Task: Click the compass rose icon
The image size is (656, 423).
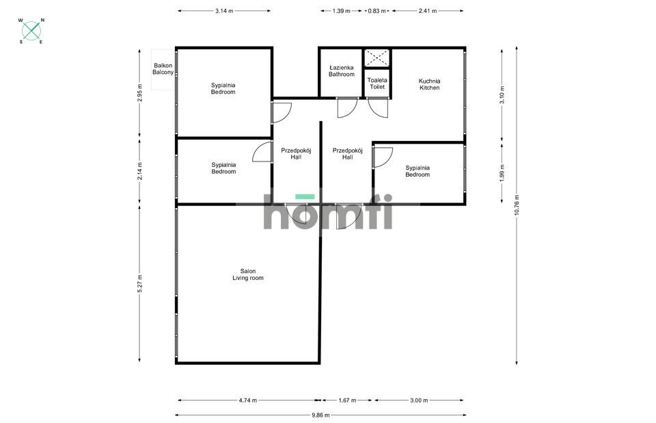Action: [31, 31]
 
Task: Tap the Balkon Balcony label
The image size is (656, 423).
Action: [163, 69]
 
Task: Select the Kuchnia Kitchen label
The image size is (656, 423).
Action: [429, 84]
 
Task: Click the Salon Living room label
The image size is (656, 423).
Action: [247, 274]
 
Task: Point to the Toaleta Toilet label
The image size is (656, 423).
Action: [377, 84]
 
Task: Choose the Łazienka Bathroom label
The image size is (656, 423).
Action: [342, 71]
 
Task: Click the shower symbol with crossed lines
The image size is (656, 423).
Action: [377, 58]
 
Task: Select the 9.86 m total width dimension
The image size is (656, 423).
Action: [320, 415]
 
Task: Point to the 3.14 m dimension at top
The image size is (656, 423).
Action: [223, 11]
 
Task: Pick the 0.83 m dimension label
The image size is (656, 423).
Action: [377, 11]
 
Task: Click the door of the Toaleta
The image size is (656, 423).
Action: [379, 108]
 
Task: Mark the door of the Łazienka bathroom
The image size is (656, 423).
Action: [347, 108]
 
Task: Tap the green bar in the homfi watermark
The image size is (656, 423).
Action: [305, 196]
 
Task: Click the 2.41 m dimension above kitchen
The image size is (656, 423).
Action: [428, 11]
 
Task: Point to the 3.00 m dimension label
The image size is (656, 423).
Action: [419, 400]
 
